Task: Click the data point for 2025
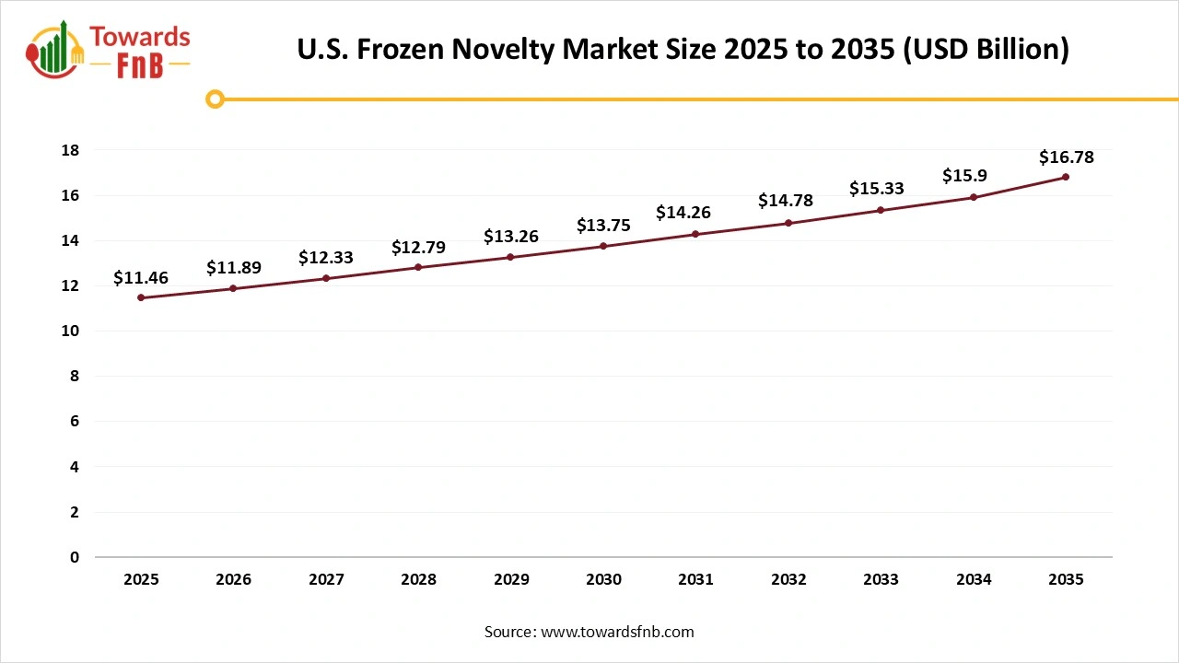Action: coord(141,297)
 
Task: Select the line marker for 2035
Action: coord(1066,177)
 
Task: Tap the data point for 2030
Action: coord(603,246)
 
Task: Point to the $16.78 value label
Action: coord(1066,157)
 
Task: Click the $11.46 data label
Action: coord(141,277)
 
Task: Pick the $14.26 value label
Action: coord(683,213)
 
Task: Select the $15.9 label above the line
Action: coord(964,176)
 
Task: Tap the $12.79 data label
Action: coord(418,247)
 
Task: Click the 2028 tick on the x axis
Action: coord(418,579)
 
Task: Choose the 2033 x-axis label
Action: coord(881,579)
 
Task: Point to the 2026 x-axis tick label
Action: coord(233,579)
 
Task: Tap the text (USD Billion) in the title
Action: coord(986,50)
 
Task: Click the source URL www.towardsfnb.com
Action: coord(617,632)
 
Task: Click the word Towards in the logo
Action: coord(140,38)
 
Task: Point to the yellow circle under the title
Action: coord(215,99)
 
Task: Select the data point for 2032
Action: coord(788,223)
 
